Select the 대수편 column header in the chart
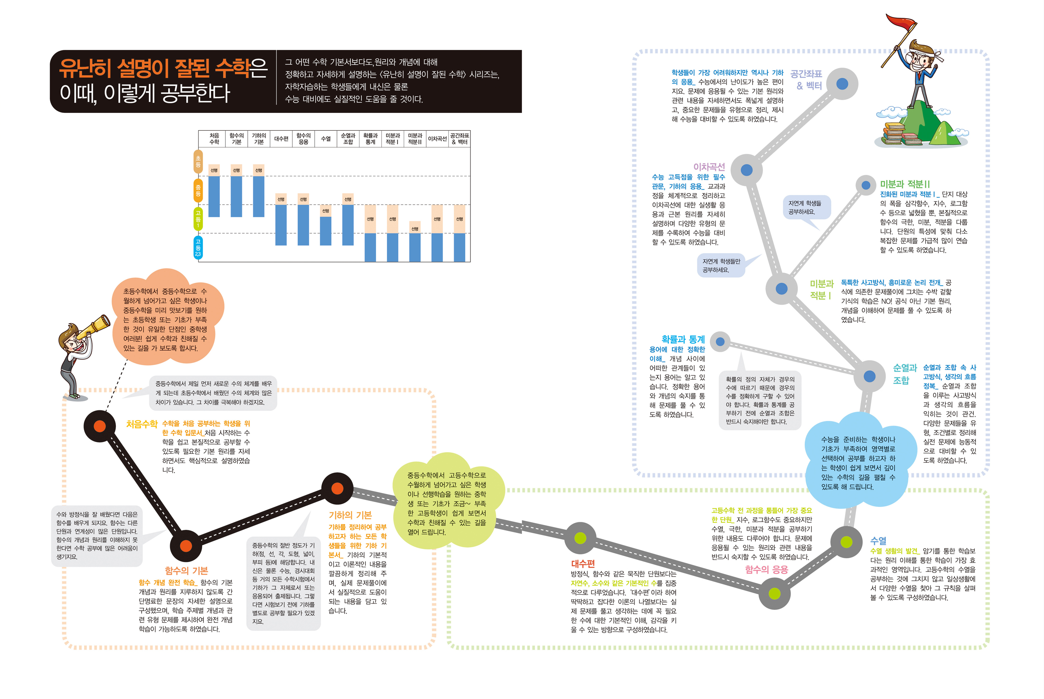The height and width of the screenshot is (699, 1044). (281, 139)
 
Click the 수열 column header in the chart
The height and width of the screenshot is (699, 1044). (326, 139)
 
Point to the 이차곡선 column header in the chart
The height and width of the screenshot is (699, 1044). (437, 139)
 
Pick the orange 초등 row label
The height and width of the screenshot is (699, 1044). (198, 161)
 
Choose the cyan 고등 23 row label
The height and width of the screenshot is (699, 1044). (198, 247)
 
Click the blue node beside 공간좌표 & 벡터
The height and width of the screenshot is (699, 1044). (842, 84)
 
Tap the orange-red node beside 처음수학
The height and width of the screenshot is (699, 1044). (100, 426)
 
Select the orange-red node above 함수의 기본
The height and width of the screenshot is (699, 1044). (186, 545)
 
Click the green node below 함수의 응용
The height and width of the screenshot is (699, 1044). (775, 593)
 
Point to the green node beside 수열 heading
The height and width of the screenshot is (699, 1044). (847, 542)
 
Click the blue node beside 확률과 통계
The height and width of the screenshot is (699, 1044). (720, 342)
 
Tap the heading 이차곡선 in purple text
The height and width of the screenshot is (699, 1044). (709, 167)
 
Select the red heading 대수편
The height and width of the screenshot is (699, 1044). (583, 563)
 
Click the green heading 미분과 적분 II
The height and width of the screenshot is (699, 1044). (904, 184)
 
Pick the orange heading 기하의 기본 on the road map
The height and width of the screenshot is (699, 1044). (350, 515)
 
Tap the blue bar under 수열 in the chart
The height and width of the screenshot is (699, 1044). (326, 231)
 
